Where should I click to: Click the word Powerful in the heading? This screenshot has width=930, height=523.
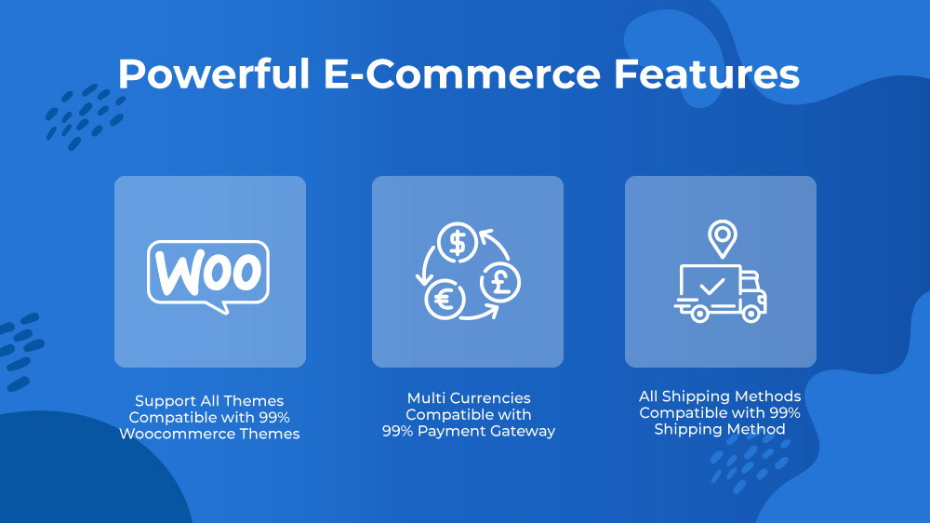[x=214, y=74]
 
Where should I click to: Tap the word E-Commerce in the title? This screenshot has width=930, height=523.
[x=462, y=74]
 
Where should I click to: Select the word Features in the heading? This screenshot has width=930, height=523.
[x=707, y=74]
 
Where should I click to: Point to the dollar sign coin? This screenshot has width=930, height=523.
[x=458, y=242]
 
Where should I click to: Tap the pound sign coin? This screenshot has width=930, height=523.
[x=500, y=283]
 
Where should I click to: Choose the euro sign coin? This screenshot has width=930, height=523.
[x=445, y=300]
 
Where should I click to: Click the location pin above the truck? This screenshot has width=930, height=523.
[x=723, y=238]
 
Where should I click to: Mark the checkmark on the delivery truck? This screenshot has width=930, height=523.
[x=711, y=287]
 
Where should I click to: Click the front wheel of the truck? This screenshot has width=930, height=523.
[x=751, y=313]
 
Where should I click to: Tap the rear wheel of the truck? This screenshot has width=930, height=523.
[x=699, y=313]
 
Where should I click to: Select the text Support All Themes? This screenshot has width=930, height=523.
[x=209, y=401]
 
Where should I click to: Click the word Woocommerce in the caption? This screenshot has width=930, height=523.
[x=177, y=434]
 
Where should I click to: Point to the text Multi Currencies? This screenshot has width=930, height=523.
[x=469, y=398]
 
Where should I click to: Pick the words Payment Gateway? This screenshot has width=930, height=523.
[x=486, y=432]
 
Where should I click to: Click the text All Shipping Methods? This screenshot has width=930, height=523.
[x=720, y=396]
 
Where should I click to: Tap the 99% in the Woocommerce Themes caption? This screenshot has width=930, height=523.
[x=274, y=417]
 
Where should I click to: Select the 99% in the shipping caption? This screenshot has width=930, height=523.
[x=785, y=412]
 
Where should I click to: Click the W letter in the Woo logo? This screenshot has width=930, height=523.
[x=177, y=273]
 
